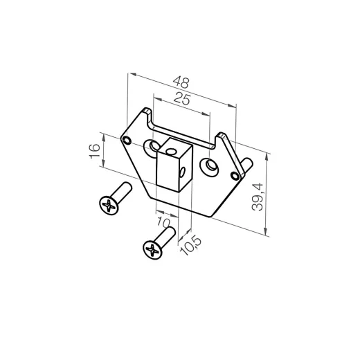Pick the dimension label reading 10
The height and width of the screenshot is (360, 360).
[x=164, y=223]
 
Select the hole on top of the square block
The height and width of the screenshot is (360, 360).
[x=171, y=148]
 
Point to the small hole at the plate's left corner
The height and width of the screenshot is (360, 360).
[x=126, y=140]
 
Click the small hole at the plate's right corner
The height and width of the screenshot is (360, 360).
[x=239, y=176]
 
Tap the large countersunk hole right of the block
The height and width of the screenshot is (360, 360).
[x=208, y=166]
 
